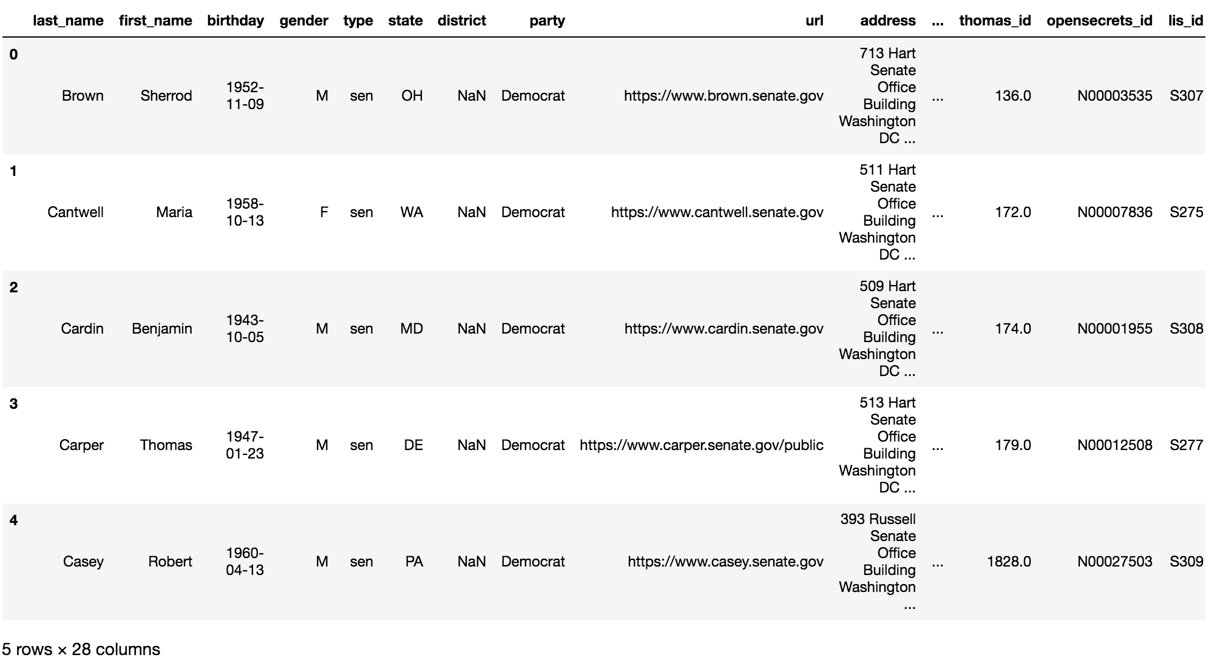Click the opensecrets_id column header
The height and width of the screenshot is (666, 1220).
(x=1099, y=21)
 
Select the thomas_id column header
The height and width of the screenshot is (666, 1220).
(x=995, y=21)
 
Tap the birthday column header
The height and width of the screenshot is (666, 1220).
(x=236, y=21)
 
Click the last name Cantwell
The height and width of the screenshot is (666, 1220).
(x=75, y=212)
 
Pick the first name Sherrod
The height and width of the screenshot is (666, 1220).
(x=166, y=96)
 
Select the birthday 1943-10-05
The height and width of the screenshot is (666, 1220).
(x=245, y=329)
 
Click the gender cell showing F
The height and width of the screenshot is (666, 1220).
(x=324, y=212)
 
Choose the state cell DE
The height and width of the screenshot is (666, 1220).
(x=413, y=445)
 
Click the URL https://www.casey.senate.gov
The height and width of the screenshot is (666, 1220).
(x=725, y=562)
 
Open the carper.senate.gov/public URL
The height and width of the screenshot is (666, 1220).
(x=701, y=445)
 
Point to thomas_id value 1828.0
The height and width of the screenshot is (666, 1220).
(x=1009, y=562)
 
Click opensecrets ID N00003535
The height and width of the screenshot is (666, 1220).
(x=1114, y=96)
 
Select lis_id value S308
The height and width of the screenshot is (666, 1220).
(x=1186, y=329)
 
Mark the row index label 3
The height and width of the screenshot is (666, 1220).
(x=13, y=404)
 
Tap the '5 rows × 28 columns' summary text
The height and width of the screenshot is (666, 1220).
(x=81, y=650)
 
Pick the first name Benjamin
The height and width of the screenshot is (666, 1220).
(x=161, y=329)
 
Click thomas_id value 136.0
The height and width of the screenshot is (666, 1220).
(x=1012, y=96)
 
